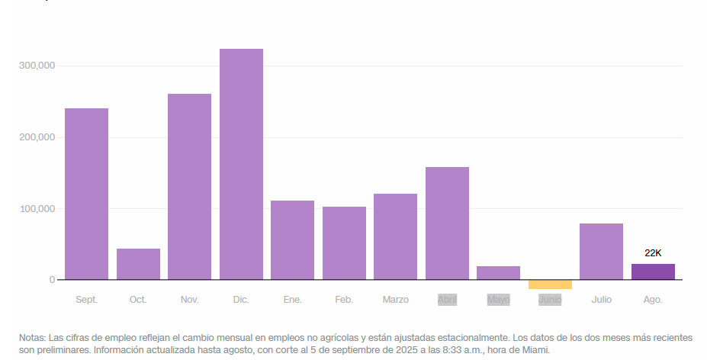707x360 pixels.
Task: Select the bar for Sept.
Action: tap(86, 194)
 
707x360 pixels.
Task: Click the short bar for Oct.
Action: tap(138, 264)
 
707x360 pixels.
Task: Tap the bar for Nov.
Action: tap(189, 187)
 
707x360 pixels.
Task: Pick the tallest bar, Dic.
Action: tap(241, 164)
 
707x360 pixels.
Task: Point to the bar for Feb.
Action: tap(344, 243)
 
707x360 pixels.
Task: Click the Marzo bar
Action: tap(395, 236)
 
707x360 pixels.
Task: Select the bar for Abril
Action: tap(447, 223)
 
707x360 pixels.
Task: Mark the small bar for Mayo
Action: tap(498, 273)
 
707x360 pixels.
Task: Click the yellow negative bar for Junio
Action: tap(550, 284)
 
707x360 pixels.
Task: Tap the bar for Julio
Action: tap(601, 252)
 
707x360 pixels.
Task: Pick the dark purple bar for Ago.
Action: tap(653, 272)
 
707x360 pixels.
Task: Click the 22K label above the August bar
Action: tap(653, 252)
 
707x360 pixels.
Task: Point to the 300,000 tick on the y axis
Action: tap(36, 66)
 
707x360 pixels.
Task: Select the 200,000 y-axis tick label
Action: tap(36, 137)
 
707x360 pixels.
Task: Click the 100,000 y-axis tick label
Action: tap(36, 208)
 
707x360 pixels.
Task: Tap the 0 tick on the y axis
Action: tap(52, 280)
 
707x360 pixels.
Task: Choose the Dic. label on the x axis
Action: tap(241, 300)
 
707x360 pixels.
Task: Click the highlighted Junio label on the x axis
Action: tap(550, 300)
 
